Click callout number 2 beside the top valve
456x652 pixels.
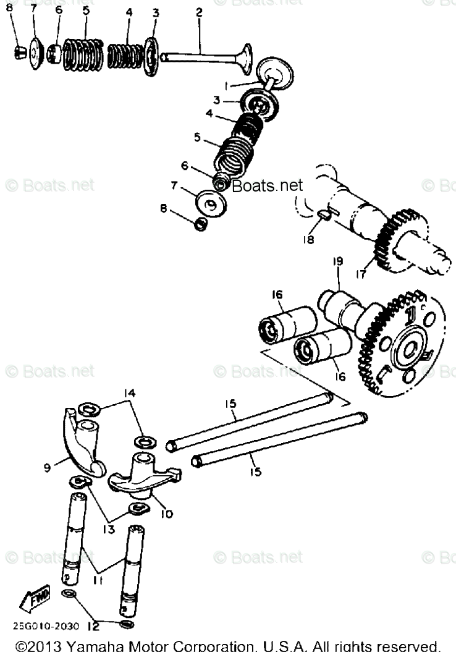[x=199, y=12]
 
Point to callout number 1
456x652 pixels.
[x=227, y=85]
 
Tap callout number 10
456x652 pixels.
[x=167, y=513]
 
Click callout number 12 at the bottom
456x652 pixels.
[x=93, y=626]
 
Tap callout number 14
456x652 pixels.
[x=129, y=393]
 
